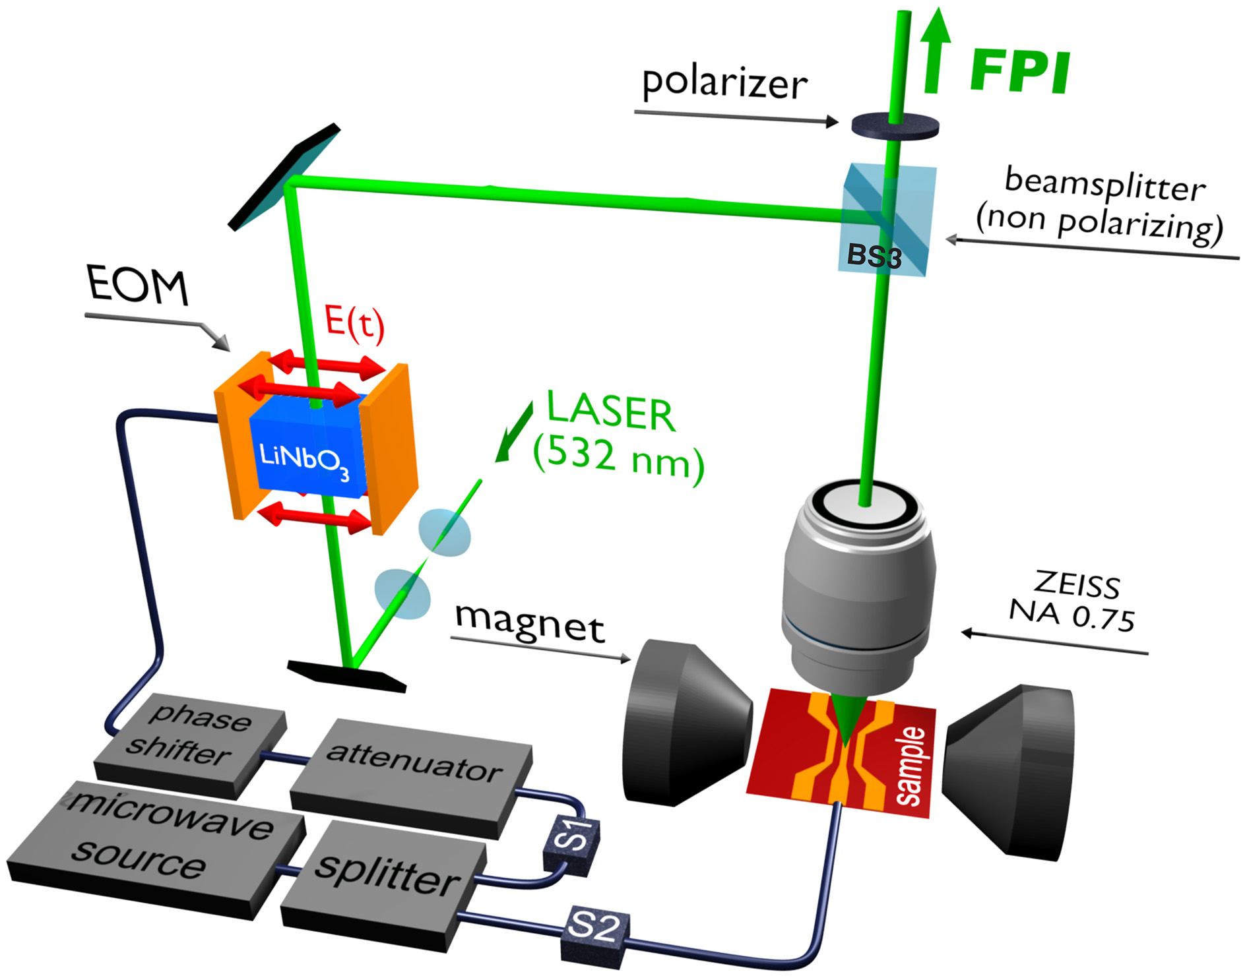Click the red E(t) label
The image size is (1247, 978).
pyautogui.click(x=354, y=323)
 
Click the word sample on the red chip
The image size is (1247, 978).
pyautogui.click(x=911, y=765)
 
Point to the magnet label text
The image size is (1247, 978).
pyautogui.click(x=529, y=623)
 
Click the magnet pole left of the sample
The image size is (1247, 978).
pyautogui.click(x=680, y=722)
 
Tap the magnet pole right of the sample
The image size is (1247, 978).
pyautogui.click(x=1009, y=768)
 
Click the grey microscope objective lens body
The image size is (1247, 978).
pyautogui.click(x=858, y=594)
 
